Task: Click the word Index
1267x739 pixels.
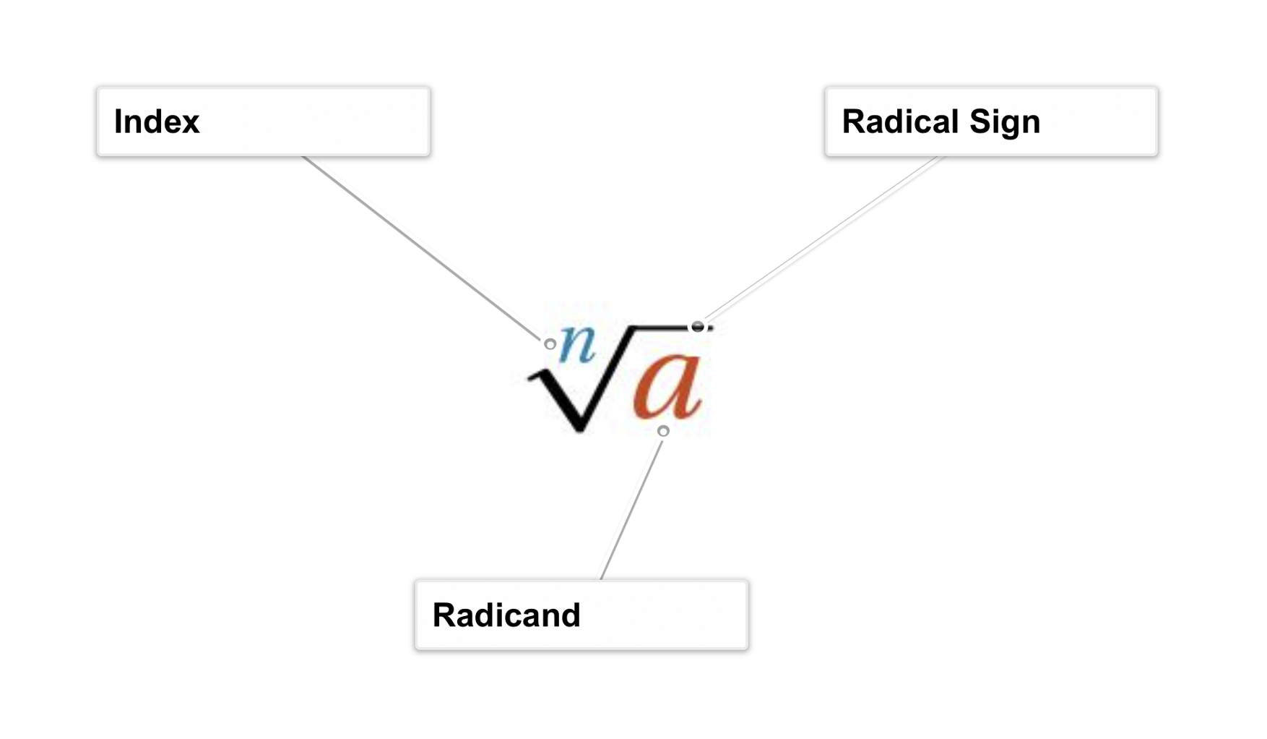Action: coord(156,121)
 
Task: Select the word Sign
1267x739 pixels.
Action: coord(1004,122)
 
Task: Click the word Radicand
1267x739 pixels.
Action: coord(506,615)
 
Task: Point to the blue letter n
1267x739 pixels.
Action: coord(578,343)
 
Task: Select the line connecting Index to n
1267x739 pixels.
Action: coord(423,249)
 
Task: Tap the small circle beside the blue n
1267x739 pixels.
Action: coord(550,344)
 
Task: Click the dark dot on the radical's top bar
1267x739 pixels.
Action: coord(697,327)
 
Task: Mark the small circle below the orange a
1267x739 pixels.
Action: coord(663,431)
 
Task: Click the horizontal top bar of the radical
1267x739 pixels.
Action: coord(661,328)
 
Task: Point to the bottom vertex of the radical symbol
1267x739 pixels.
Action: coord(579,428)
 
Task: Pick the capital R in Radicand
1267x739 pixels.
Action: coord(443,615)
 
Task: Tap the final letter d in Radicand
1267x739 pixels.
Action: coord(570,615)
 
